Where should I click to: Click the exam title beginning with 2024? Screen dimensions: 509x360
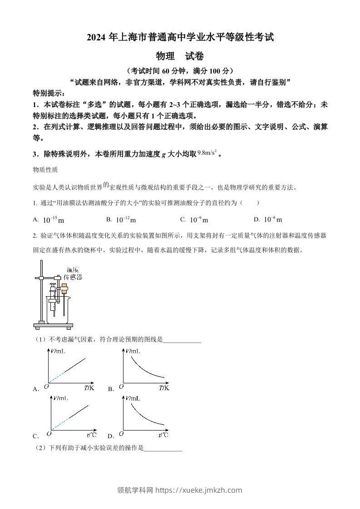pyautogui.click(x=180, y=38)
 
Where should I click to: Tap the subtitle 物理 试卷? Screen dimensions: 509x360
pyautogui.click(x=180, y=56)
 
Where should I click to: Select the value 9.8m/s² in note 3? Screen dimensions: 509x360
pyautogui.click(x=207, y=153)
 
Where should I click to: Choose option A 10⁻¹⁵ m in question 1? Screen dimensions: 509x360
pyautogui.click(x=54, y=220)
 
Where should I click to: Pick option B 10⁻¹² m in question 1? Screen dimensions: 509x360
pyautogui.click(x=126, y=220)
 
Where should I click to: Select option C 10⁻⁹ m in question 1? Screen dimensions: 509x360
pyautogui.click(x=199, y=220)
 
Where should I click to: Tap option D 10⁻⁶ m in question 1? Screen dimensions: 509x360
pyautogui.click(x=273, y=220)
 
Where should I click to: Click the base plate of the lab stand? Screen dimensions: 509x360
pyautogui.click(x=53, y=325)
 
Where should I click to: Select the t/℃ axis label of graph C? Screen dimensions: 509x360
pyautogui.click(x=91, y=435)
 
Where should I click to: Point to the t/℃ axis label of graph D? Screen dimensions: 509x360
pyautogui.click(x=163, y=435)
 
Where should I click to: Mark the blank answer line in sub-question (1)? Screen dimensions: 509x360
pyautogui.click(x=182, y=340)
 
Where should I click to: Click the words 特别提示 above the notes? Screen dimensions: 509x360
pyautogui.click(x=49, y=93)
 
